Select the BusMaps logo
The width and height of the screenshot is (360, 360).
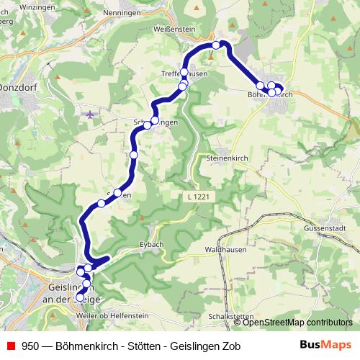click(x=325, y=345)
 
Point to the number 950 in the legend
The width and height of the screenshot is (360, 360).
click(x=30, y=345)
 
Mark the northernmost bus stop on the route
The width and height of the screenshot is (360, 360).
click(x=216, y=45)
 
